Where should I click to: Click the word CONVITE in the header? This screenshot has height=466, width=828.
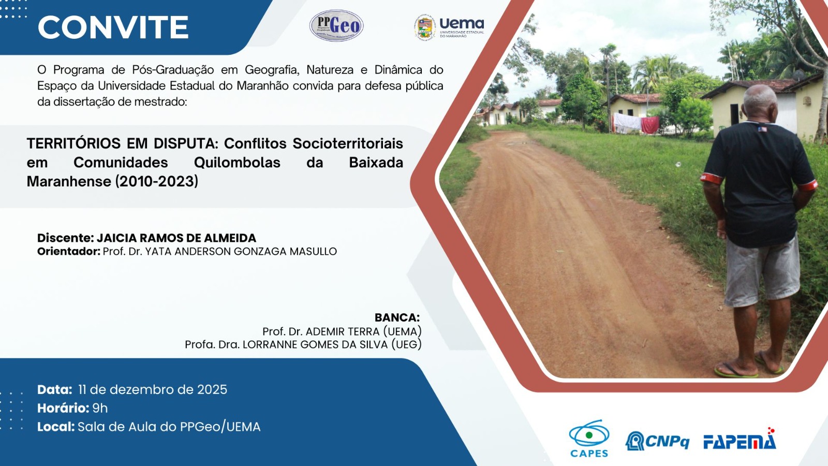[113, 27]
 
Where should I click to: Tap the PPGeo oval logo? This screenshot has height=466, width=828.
[336, 25]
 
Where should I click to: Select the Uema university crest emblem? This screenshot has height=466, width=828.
[425, 28]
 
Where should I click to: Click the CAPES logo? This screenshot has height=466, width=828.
[589, 439]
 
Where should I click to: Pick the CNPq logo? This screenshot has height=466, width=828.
[657, 441]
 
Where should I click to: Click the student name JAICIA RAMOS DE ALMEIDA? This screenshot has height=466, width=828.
[176, 238]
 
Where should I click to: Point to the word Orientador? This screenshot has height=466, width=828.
[69, 252]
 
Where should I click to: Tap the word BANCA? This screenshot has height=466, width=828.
[397, 317]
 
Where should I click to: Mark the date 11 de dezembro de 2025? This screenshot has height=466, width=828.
[153, 389]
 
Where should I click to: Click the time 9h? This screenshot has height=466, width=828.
[100, 409]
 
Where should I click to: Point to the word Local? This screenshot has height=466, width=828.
[56, 427]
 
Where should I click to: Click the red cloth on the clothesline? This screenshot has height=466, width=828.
[650, 125]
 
